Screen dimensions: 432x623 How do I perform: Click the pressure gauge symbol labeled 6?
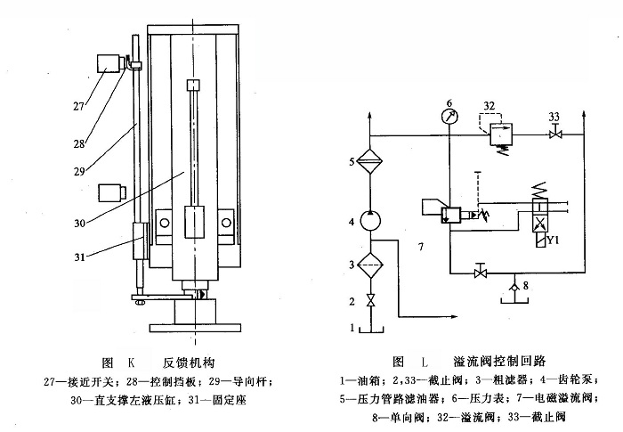(450, 115)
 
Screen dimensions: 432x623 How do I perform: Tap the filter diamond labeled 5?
(377, 161)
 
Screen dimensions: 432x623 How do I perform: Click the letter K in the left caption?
(131, 363)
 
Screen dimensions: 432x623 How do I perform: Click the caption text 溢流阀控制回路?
(502, 363)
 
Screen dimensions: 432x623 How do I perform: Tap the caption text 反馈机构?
(188, 363)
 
